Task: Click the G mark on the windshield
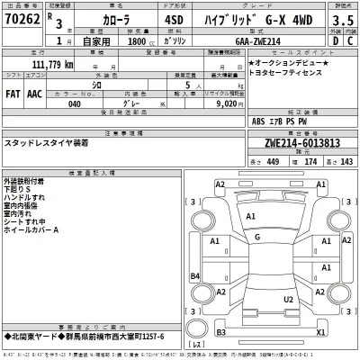[x=256, y=237]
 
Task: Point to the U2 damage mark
[x=288, y=298]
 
